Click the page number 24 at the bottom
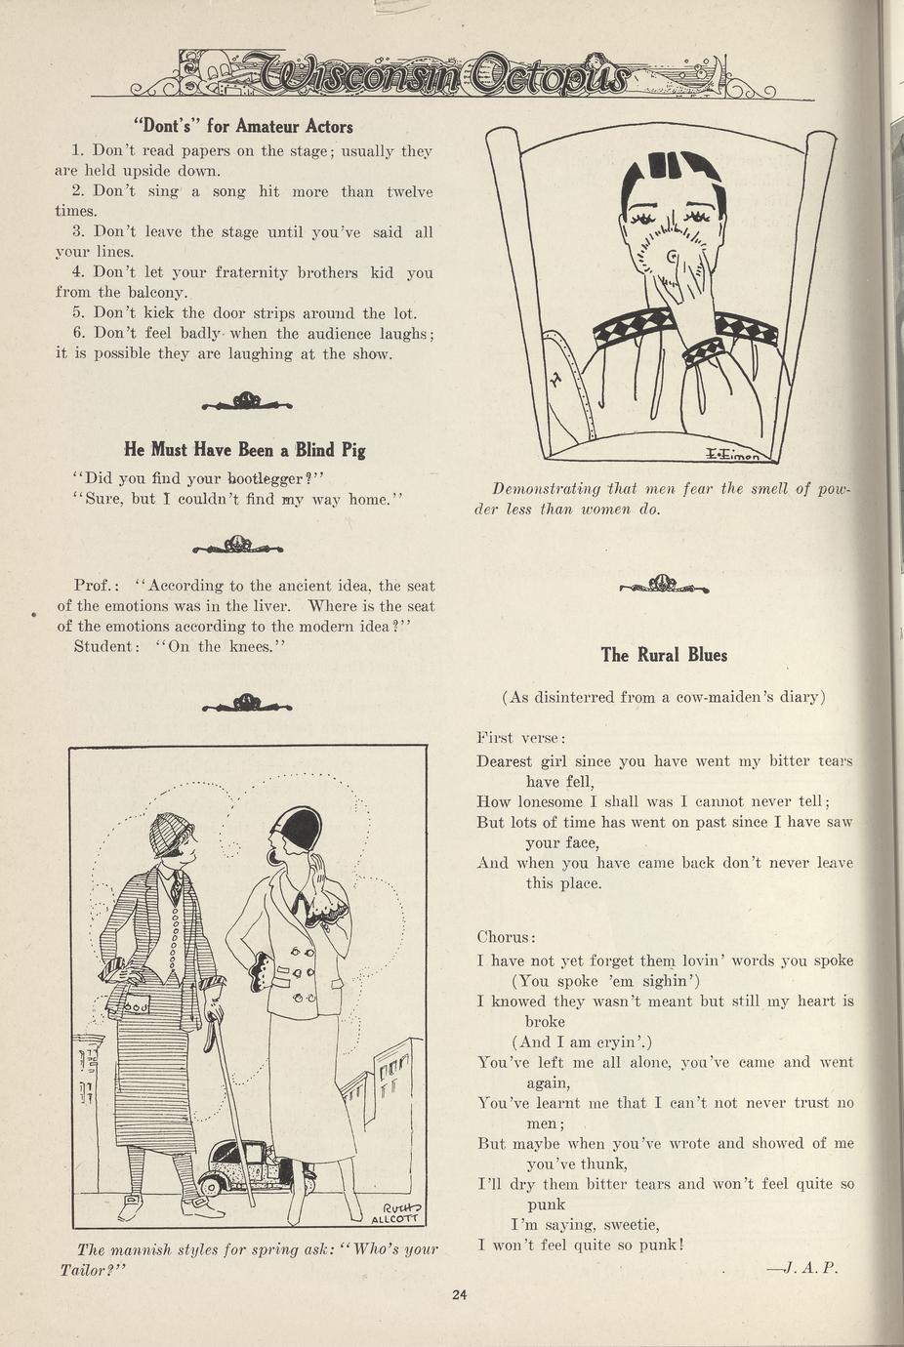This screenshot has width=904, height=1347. pyautogui.click(x=460, y=1296)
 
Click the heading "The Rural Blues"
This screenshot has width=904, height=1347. pyautogui.click(x=664, y=655)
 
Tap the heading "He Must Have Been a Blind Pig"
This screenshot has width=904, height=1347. pyautogui.click(x=245, y=450)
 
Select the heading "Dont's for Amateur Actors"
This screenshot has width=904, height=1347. pyautogui.click(x=243, y=126)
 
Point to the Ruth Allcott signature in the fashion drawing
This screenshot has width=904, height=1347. pyautogui.click(x=393, y=1209)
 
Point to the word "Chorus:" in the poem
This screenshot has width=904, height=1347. pyautogui.click(x=506, y=937)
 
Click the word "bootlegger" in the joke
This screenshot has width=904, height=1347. pyautogui.click(x=267, y=478)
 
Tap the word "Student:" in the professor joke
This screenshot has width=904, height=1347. pyautogui.click(x=106, y=646)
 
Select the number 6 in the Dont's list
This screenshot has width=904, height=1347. pyautogui.click(x=78, y=334)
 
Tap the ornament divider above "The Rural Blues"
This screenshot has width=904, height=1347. pyautogui.click(x=664, y=586)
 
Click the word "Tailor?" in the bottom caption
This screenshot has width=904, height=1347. pyautogui.click(x=95, y=1270)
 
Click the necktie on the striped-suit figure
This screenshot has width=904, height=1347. pyautogui.click(x=174, y=886)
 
